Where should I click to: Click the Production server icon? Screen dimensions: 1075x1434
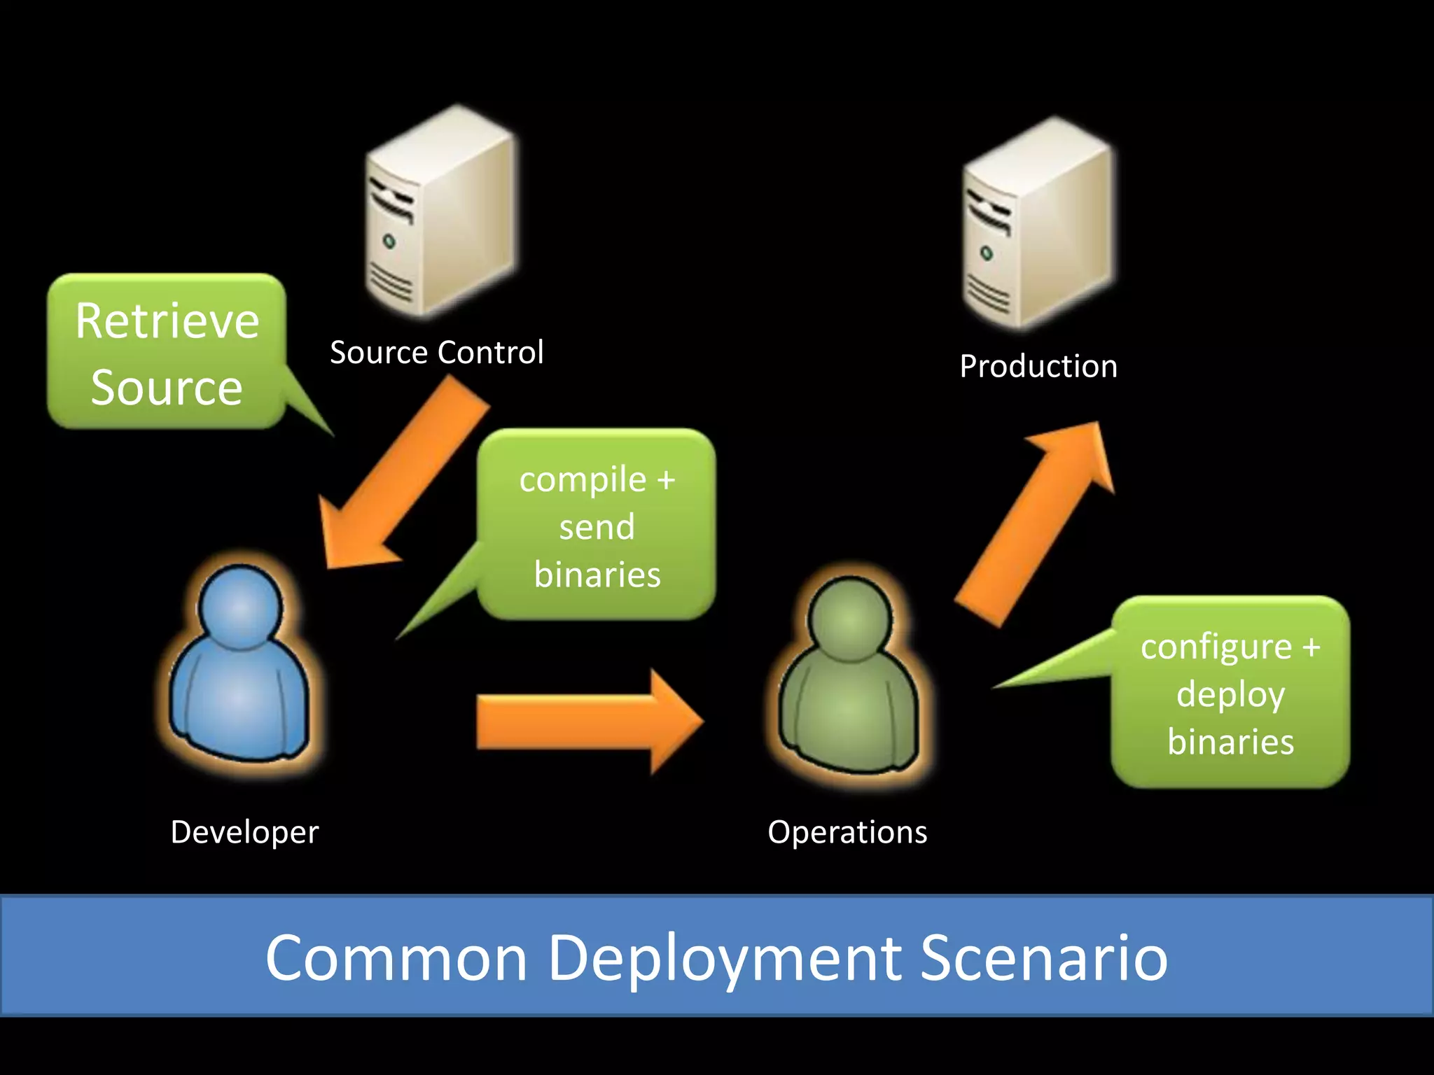pos(1038,224)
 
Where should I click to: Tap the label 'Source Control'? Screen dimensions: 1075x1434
pos(436,352)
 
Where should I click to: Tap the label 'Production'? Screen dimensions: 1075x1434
pos(1038,367)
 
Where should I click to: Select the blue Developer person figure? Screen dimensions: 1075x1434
pos(239,672)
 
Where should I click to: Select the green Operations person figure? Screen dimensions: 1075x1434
pos(849,682)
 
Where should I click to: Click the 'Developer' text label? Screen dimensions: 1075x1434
pos(244,832)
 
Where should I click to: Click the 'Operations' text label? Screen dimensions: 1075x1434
pos(847,832)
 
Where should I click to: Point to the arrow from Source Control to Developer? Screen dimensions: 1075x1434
pos(399,476)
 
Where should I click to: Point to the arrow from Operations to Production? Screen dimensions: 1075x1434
pos(1036,518)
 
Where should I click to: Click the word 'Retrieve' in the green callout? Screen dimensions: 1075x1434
pos(167,321)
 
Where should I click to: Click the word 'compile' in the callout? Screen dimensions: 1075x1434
pos(583,480)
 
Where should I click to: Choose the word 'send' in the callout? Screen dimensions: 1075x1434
pos(597,527)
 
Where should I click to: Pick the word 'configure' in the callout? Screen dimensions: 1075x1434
pos(1216,647)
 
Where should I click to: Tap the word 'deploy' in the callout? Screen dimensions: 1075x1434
pos(1230,695)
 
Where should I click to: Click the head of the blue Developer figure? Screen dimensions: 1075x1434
pos(240,607)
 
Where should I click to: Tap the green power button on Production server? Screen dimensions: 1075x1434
pos(987,253)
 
